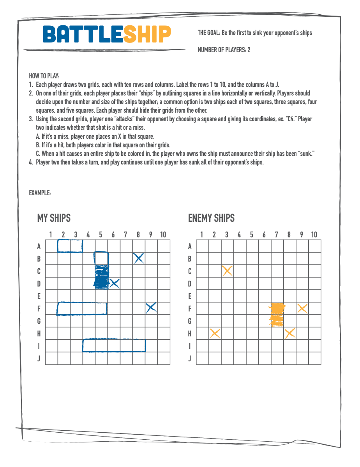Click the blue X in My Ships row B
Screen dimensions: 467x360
pos(139,258)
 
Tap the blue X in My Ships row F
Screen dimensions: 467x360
pos(151,308)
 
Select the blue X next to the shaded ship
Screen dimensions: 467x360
pos(114,283)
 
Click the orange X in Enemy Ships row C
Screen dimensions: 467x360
pos(227,271)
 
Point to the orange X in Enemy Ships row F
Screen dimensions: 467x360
pos(302,308)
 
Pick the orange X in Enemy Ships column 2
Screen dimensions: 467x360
pos(215,333)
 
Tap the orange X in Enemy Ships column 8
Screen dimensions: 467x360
pos(290,333)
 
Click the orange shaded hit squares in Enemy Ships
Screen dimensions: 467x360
pos(277,315)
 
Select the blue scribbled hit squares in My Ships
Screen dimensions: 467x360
pos(102,277)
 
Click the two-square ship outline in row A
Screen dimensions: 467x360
pos(70,246)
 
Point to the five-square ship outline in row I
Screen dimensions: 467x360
pos(114,345)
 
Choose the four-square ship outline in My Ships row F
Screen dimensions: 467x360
pos(82,308)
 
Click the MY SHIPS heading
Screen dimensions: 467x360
pos(54,218)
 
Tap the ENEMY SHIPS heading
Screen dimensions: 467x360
pos(211,218)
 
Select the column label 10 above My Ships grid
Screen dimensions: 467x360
pos(163,234)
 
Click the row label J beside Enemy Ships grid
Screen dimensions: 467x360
pos(190,358)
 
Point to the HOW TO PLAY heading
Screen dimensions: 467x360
pos(44,76)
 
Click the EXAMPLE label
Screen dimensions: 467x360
pos(40,193)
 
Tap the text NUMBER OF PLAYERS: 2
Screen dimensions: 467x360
pos(224,50)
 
